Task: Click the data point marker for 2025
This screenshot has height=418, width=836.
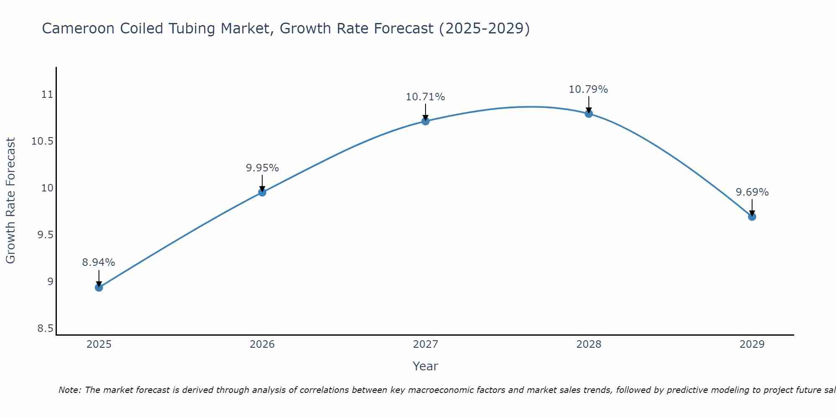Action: (99, 287)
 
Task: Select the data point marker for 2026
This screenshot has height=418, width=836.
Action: (262, 192)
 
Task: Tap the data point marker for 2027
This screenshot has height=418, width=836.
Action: (426, 121)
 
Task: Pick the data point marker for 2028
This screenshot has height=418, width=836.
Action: (589, 114)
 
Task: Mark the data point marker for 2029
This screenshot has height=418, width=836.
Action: (752, 217)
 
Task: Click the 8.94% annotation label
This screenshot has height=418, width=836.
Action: (99, 263)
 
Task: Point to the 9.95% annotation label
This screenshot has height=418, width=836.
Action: (262, 168)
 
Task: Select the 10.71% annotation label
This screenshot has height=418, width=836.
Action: (426, 97)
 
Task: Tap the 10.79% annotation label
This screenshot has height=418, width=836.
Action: (589, 89)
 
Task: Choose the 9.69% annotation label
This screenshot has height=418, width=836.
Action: (752, 192)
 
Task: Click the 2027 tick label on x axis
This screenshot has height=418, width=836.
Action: (426, 344)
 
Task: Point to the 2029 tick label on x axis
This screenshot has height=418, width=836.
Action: (752, 344)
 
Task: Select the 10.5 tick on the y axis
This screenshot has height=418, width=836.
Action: (43, 141)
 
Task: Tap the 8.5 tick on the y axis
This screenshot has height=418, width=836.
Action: (46, 329)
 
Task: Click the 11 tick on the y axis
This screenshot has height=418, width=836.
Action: (48, 94)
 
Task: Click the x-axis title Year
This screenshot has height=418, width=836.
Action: (426, 366)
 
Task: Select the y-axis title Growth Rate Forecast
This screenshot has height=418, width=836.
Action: (10, 201)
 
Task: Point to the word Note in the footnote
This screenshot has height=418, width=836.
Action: (69, 390)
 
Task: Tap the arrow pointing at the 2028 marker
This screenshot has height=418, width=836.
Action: (589, 104)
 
